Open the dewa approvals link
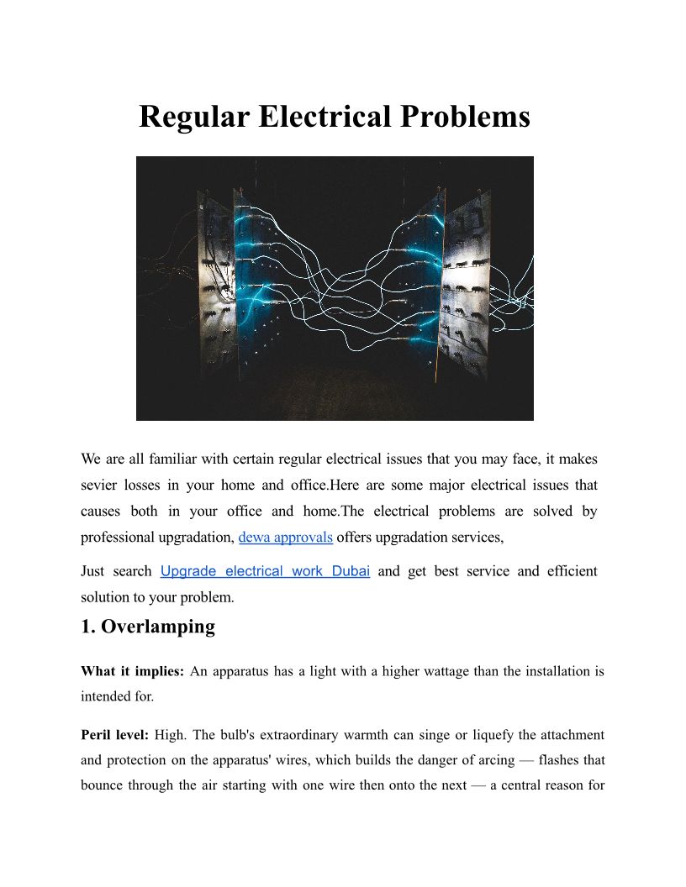point(286,537)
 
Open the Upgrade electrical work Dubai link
point(265,571)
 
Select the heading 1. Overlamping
point(148,627)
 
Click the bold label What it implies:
point(132,671)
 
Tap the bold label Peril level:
point(114,735)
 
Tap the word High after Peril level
point(171,735)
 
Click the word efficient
point(572,571)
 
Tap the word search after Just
point(132,571)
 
